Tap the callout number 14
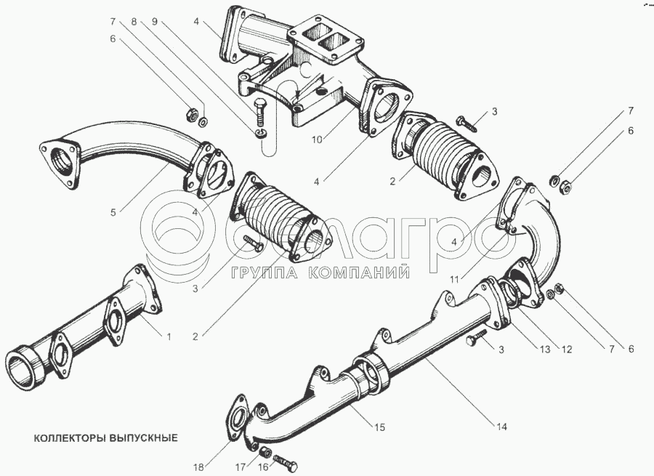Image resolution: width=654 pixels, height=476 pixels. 501,427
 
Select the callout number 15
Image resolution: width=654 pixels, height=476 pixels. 379,427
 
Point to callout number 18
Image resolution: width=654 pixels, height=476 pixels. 199,466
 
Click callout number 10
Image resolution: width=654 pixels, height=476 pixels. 317,140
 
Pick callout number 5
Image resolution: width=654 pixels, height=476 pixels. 113,212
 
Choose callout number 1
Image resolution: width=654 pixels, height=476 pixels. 169,336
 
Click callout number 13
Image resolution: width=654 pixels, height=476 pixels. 545,349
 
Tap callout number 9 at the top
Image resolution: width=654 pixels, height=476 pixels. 154,22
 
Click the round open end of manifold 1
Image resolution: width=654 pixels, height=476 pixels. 25,367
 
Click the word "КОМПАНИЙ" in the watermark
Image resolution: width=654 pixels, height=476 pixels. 359,273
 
